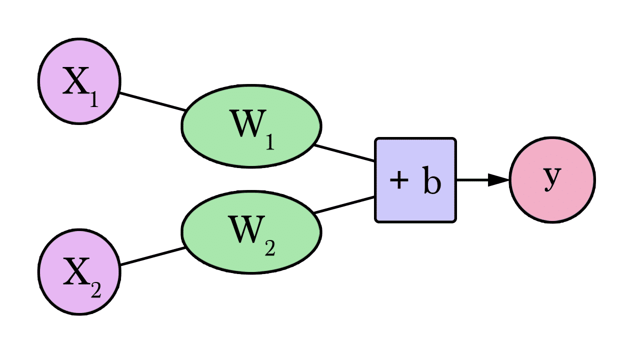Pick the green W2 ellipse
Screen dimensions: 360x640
tap(251, 231)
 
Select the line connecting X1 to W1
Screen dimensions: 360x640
tap(152, 101)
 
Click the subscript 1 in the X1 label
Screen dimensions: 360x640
tap(93, 100)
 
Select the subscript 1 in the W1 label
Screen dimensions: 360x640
tap(268, 143)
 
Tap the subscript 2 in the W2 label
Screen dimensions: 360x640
tap(269, 248)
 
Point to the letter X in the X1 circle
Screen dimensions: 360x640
tap(75, 82)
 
